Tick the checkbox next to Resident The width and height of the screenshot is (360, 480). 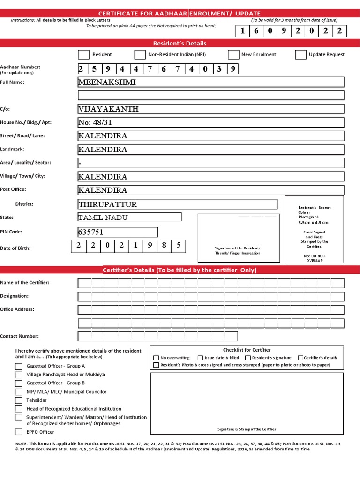coord(83,55)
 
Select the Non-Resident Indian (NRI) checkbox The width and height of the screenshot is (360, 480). coord(140,55)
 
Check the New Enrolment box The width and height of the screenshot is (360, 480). coord(234,55)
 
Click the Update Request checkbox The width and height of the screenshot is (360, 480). coord(301,55)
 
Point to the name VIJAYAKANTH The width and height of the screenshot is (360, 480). coord(108,109)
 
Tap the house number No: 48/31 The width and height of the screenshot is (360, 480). coord(95,123)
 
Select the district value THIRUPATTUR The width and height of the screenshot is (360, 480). coord(108,204)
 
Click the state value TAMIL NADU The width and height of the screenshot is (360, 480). coord(103,217)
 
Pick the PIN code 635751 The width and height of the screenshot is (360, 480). coord(90,232)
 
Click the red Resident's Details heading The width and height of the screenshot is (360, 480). coord(180,44)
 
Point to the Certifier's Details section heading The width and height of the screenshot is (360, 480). coord(180,270)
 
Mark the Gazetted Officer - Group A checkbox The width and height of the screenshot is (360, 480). coord(19,366)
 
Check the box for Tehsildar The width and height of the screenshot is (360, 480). coord(19,400)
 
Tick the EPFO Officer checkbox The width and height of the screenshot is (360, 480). coord(19,432)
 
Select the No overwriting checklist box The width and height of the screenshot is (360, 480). coord(157,358)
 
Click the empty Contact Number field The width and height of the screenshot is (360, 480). coord(157,336)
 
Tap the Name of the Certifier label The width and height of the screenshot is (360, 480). coord(25,283)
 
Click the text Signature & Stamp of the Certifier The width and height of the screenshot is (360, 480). coord(247,429)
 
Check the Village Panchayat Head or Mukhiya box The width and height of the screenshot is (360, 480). coord(19,375)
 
